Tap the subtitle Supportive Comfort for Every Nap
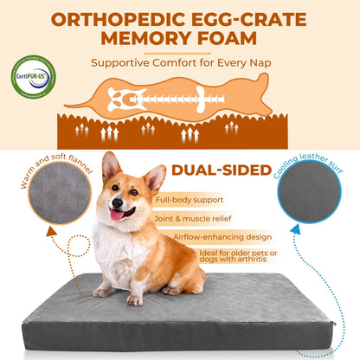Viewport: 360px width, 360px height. (180, 62)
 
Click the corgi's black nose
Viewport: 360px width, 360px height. (113, 198)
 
